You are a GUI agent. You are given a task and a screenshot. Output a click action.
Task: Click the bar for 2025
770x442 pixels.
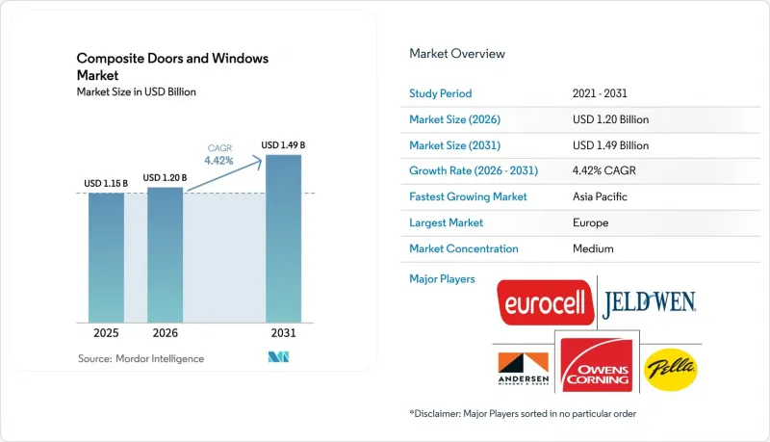click(x=106, y=258)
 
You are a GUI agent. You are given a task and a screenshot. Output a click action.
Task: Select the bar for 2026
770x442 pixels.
click(x=165, y=255)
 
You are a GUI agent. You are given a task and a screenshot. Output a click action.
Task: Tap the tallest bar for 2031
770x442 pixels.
click(x=283, y=239)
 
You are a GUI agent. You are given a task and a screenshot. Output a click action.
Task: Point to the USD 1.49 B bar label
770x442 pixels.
click(x=283, y=144)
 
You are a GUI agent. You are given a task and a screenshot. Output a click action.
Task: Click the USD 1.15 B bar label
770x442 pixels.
click(x=106, y=183)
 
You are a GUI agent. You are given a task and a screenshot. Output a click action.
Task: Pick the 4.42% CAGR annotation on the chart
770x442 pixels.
click(x=219, y=155)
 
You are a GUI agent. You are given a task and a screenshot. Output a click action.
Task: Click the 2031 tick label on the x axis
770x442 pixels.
click(x=283, y=333)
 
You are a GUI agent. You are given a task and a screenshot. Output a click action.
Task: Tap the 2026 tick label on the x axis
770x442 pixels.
click(x=165, y=333)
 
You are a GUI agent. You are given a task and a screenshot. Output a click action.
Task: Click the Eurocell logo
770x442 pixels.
click(x=545, y=302)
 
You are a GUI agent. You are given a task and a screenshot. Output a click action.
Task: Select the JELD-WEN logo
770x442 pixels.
click(x=649, y=304)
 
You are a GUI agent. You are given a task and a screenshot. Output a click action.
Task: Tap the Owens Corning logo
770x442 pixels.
click(x=597, y=365)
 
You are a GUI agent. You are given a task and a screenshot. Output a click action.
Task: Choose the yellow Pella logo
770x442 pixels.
click(x=670, y=370)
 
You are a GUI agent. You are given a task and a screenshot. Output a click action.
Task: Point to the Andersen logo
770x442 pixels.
click(x=524, y=369)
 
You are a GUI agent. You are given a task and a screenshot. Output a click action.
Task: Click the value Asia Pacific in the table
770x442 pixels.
click(x=600, y=196)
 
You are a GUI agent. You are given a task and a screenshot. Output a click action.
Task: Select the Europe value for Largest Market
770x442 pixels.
click(x=590, y=222)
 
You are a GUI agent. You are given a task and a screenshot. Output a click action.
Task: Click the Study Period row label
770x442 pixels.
click(x=441, y=93)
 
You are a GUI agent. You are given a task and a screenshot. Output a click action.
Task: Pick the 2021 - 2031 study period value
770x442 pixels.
click(x=600, y=93)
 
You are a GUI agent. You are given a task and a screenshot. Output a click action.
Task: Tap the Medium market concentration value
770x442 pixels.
click(x=593, y=248)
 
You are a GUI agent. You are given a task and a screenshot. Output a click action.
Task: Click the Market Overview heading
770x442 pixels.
click(x=457, y=54)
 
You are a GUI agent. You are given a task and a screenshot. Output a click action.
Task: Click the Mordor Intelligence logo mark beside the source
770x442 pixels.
click(x=278, y=357)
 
